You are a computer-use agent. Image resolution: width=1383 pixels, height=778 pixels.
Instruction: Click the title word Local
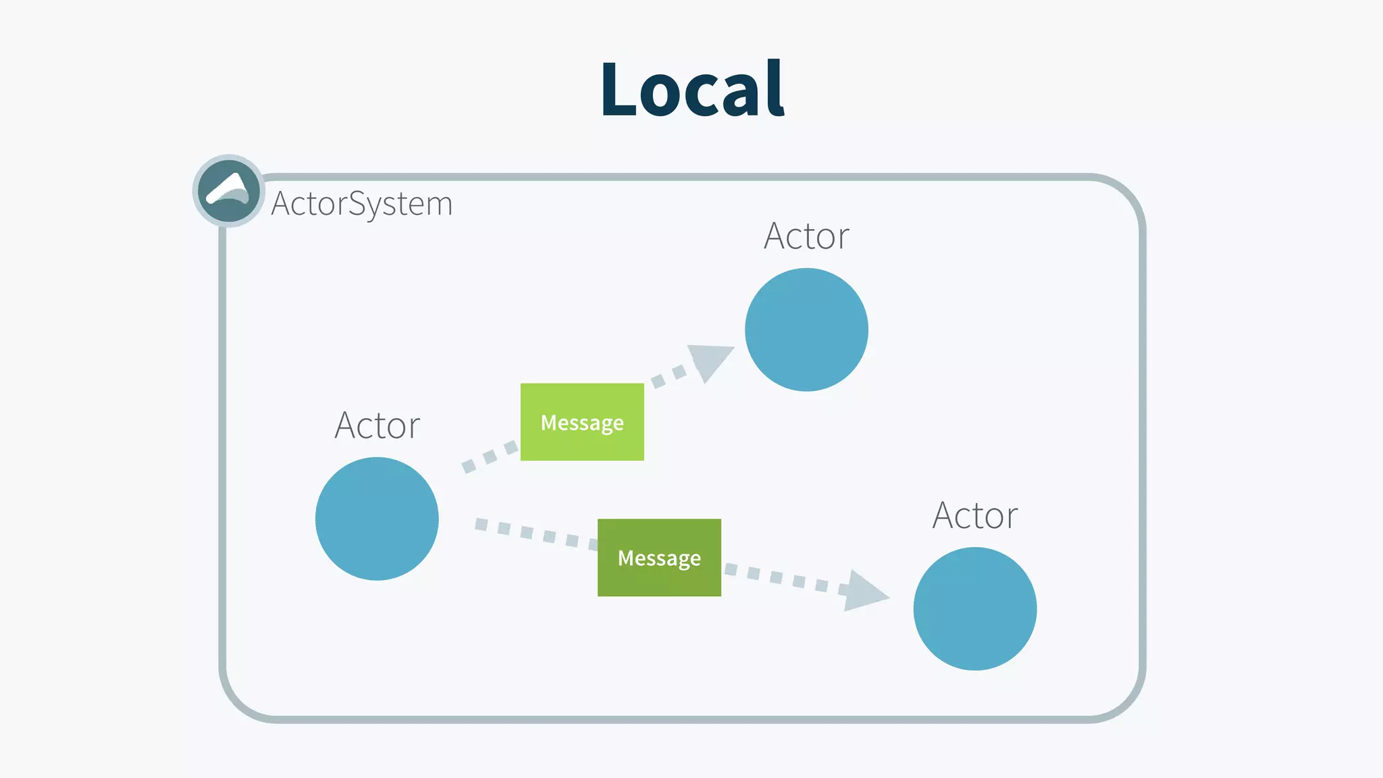(692, 90)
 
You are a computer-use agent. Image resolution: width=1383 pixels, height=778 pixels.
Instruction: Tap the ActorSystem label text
(362, 203)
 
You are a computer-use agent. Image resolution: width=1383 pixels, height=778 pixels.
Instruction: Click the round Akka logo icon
(229, 191)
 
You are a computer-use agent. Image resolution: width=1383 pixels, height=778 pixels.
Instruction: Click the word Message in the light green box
(582, 423)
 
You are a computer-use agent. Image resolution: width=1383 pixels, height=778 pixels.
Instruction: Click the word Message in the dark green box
(659, 559)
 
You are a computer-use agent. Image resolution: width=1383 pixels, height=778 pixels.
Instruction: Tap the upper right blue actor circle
(806, 330)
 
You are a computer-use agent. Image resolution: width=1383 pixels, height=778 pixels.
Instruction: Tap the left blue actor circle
(377, 519)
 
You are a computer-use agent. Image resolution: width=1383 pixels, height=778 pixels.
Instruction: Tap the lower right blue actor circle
(974, 608)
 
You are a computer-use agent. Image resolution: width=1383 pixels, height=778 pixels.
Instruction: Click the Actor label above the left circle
(377, 425)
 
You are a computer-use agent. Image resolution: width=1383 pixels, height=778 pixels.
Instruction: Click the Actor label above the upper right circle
(806, 236)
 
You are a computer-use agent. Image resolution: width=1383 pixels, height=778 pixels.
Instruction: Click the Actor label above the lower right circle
(974, 516)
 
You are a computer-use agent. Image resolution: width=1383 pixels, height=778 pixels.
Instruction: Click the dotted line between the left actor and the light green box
(490, 457)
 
